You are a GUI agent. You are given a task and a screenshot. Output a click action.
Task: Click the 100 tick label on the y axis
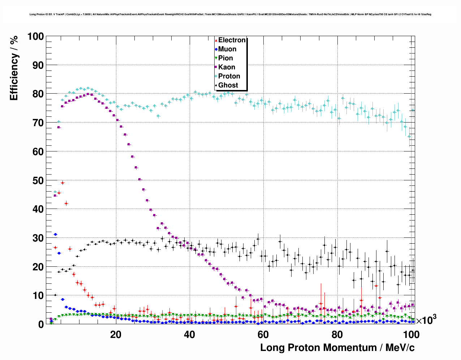tap(35, 37)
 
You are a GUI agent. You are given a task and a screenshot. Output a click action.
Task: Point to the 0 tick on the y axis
tap(41, 324)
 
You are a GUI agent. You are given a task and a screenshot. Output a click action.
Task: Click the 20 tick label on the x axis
tap(116, 334)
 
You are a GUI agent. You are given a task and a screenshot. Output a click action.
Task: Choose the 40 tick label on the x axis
tap(189, 334)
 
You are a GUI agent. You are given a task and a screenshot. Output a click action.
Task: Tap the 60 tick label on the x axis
tap(263, 334)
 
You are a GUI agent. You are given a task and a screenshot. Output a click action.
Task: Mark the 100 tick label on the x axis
tap(411, 334)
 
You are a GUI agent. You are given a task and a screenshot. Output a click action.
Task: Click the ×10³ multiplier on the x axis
tap(426, 320)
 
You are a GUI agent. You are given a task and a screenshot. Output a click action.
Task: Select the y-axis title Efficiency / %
tap(14, 68)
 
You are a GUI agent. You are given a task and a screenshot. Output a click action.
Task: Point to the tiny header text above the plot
tap(230, 14)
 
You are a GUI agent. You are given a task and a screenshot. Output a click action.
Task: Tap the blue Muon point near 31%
tap(55, 235)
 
